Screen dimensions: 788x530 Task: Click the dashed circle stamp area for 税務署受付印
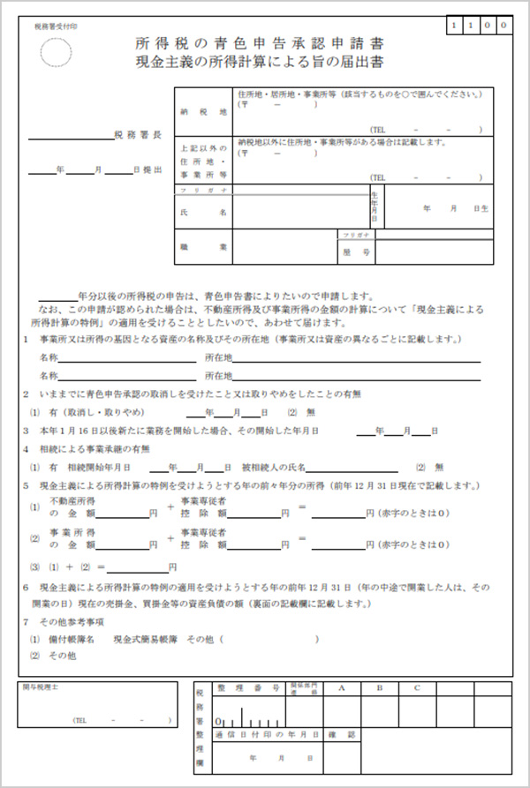(x=56, y=52)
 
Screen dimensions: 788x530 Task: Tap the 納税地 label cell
(x=203, y=112)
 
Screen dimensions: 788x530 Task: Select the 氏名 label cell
(x=203, y=213)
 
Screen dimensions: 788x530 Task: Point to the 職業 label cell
(x=203, y=247)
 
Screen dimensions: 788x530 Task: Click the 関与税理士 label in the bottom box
(x=41, y=687)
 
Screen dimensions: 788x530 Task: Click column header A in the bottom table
(x=340, y=687)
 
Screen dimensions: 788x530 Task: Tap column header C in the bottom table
(x=416, y=687)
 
